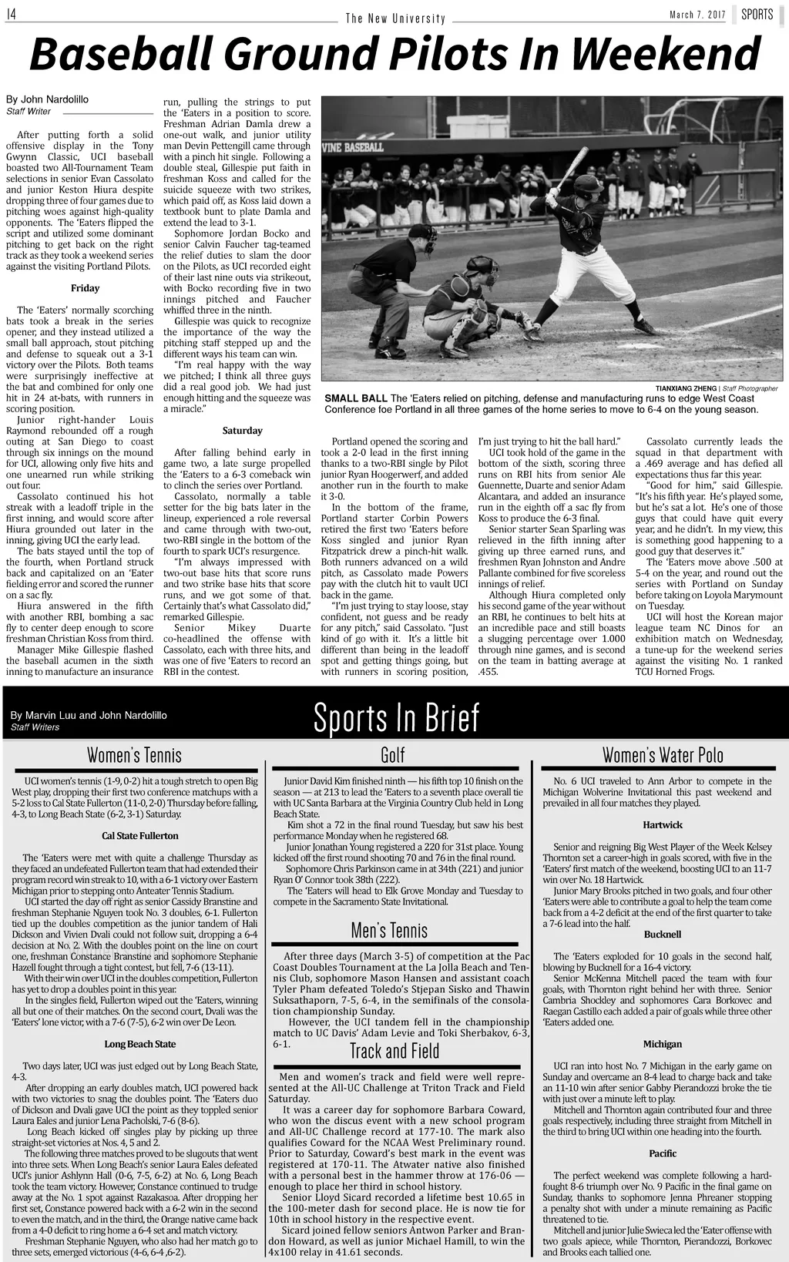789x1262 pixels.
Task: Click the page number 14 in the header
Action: tap(12, 15)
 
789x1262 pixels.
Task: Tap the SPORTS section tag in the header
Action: tap(757, 15)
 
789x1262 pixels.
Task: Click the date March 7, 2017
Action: tap(697, 15)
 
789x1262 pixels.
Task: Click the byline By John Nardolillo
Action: tap(48, 99)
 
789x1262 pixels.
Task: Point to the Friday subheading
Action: tap(85, 288)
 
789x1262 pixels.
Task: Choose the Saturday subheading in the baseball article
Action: tap(242, 431)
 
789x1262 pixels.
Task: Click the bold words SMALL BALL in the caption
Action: tap(356, 398)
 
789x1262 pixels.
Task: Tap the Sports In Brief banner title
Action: tap(396, 718)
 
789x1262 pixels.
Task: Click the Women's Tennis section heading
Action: tap(134, 754)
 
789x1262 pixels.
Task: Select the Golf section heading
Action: tap(393, 755)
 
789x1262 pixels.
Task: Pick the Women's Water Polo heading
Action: tap(663, 754)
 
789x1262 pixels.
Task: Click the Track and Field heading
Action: tap(394, 1051)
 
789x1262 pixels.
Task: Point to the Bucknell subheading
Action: tap(663, 935)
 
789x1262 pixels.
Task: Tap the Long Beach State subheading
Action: tap(140, 1044)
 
